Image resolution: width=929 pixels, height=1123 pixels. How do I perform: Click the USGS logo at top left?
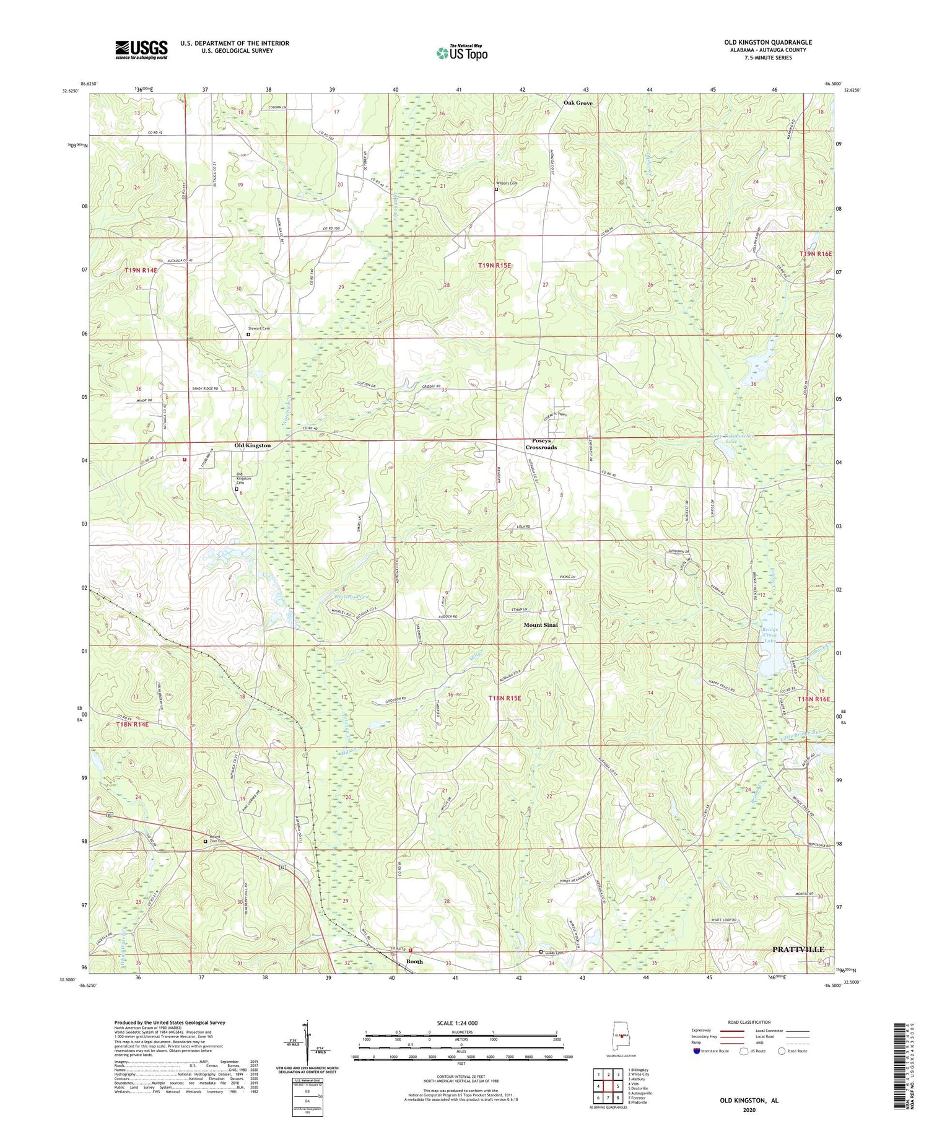pyautogui.click(x=141, y=50)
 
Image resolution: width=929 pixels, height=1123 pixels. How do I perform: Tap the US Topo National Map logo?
pyautogui.click(x=461, y=53)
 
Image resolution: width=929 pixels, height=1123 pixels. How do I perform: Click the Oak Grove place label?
pyautogui.click(x=577, y=103)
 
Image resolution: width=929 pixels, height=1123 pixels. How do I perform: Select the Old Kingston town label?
pyautogui.click(x=252, y=445)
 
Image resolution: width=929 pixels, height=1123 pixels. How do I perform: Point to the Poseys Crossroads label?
pyautogui.click(x=541, y=444)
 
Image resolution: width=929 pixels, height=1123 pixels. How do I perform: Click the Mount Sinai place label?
pyautogui.click(x=541, y=625)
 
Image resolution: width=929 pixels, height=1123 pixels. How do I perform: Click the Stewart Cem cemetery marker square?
pyautogui.click(x=249, y=334)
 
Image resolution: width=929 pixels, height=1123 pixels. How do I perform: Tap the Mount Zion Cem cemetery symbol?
pyautogui.click(x=206, y=841)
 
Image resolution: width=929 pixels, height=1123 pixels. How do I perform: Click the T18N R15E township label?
pyautogui.click(x=504, y=698)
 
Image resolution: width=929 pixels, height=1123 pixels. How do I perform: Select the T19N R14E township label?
pyautogui.click(x=141, y=271)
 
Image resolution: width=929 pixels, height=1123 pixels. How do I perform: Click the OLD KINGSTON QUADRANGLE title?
pyautogui.click(x=768, y=42)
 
